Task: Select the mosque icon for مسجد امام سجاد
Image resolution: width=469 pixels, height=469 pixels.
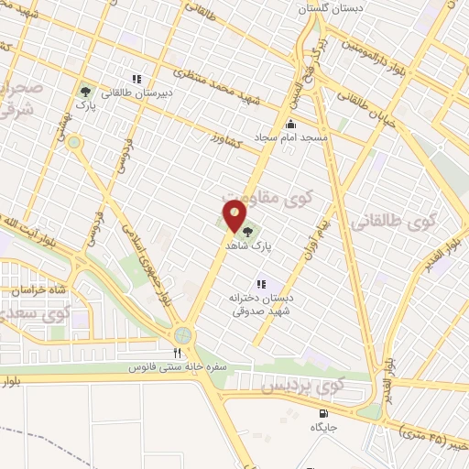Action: (x=291, y=125)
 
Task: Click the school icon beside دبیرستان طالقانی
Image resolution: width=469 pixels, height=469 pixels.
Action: (x=136, y=80)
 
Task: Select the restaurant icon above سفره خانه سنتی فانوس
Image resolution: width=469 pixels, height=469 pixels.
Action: (x=178, y=352)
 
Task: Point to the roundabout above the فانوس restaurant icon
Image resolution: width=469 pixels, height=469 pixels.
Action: (x=182, y=335)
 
